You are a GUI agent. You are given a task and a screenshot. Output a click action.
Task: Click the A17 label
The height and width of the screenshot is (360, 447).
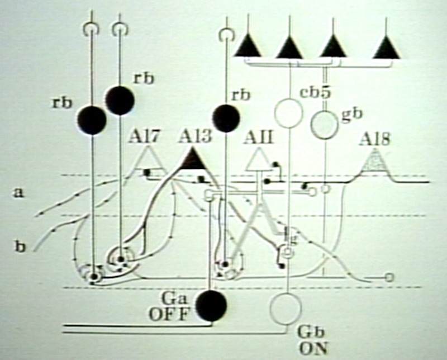pos(146,136)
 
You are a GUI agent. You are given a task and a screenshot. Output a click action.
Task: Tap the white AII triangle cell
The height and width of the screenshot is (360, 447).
pos(259,160)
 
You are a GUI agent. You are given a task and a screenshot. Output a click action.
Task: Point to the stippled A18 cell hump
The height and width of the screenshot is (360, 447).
pos(375,163)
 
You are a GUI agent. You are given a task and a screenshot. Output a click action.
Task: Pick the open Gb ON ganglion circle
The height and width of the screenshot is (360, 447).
pos(286,305)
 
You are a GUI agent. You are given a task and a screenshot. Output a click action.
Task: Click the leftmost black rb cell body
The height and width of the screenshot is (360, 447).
pos(92,120)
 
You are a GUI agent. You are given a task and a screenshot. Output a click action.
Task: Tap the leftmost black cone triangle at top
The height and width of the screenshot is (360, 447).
pos(248,46)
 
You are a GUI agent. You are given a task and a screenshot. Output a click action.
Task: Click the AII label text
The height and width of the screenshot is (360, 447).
pos(259,136)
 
